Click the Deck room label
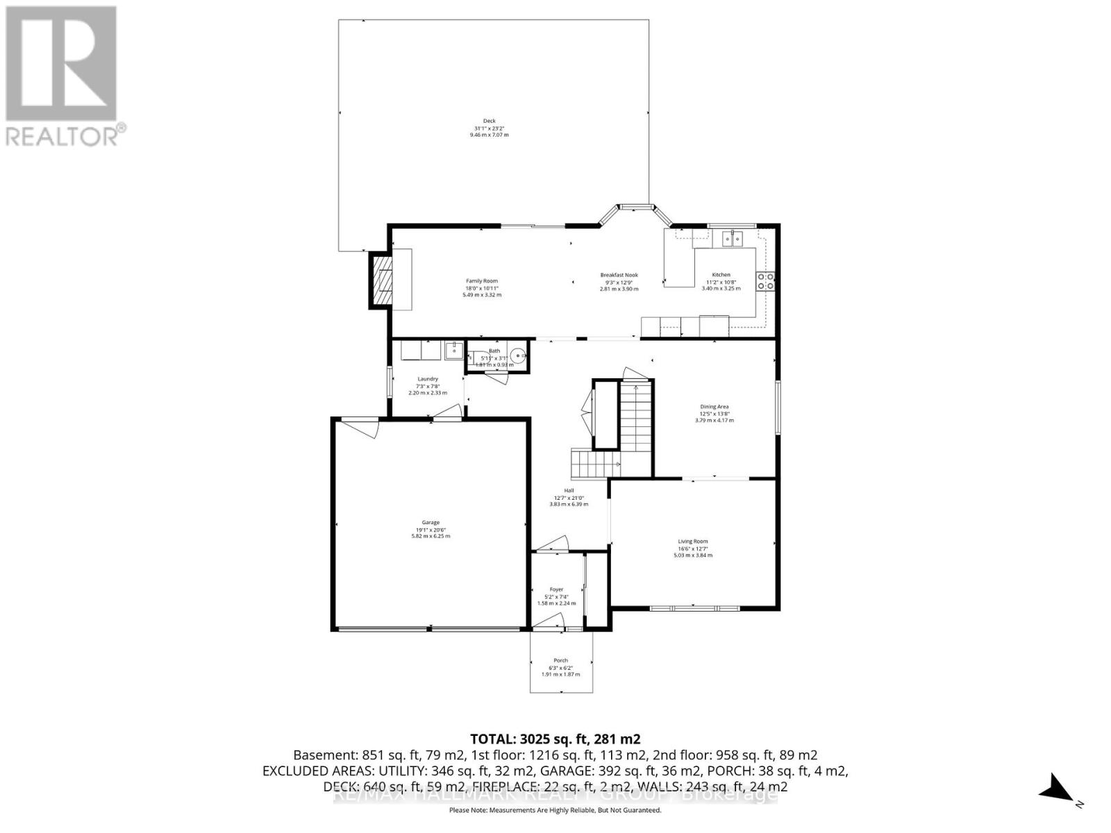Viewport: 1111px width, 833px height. click(490, 121)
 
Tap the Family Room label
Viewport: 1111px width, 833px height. click(482, 281)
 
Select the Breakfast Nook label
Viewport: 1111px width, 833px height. click(619, 275)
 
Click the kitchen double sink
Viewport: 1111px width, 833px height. click(731, 239)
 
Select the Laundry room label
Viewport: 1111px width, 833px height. click(428, 379)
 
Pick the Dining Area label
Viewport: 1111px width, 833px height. click(714, 407)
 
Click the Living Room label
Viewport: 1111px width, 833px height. click(693, 541)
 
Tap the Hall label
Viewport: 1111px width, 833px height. click(569, 491)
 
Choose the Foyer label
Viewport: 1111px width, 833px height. click(557, 589)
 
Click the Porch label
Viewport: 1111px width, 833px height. click(560, 660)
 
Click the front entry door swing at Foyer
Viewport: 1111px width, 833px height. click(552, 621)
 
